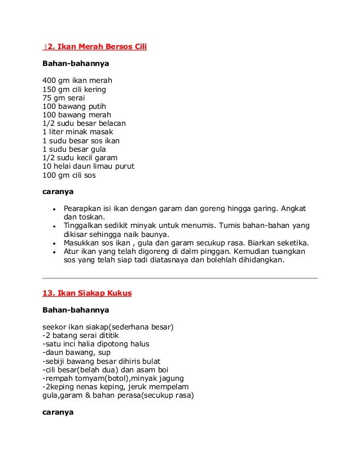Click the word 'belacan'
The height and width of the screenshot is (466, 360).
(x=113, y=123)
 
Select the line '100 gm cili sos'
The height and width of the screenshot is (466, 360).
(x=69, y=175)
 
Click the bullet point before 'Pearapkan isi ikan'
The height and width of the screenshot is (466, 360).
(x=52, y=209)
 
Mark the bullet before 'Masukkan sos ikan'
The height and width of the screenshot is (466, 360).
(x=52, y=244)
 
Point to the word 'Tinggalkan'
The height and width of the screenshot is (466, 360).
(x=85, y=226)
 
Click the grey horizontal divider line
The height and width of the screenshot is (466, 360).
(x=180, y=278)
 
